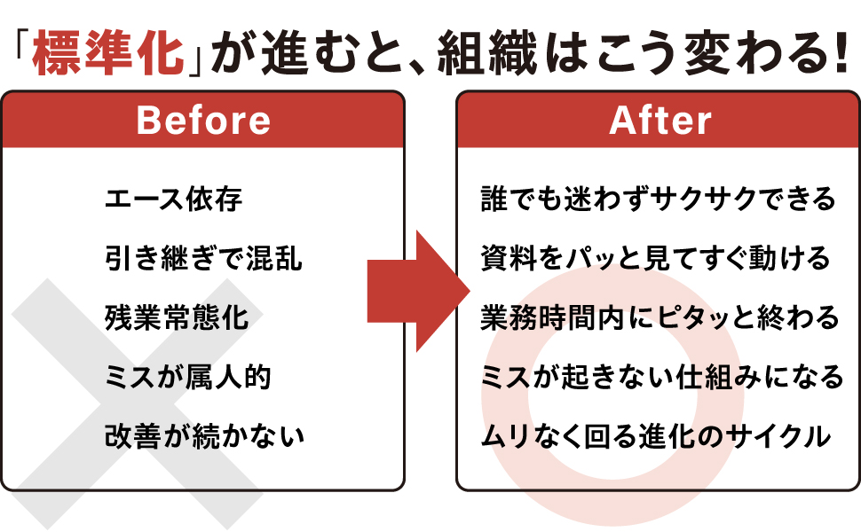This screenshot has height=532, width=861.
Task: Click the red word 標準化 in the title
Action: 108,52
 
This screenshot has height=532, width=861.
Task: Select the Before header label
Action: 204,120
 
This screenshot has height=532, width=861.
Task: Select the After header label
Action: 660,120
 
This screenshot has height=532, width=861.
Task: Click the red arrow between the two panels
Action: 418,291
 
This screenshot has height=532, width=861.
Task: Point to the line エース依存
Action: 173,199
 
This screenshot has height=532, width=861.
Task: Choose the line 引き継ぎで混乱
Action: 203,258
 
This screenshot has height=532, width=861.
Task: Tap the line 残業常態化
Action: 177,317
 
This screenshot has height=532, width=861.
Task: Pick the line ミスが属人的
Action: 188,377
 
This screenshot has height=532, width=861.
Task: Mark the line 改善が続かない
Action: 204,436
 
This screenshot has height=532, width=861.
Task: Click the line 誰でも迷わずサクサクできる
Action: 658,199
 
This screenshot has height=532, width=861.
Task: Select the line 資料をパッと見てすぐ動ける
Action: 655,258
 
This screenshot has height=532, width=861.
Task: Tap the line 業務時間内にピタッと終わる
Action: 660,317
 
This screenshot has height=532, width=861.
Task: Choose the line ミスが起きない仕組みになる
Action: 661,377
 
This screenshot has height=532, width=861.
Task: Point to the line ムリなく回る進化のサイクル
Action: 656,436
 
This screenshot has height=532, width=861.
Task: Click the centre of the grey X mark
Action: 138,404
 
